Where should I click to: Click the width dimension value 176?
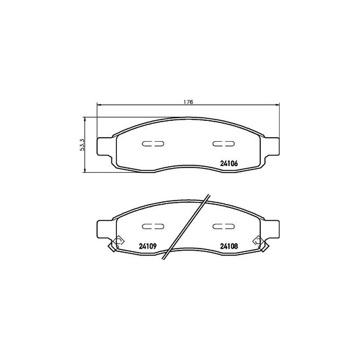coord(188,102)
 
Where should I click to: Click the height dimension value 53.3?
coord(82,145)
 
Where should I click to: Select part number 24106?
coord(229,163)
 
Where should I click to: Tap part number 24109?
coord(148,246)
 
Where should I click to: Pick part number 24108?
coord(229,246)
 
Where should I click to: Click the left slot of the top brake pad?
coord(153,144)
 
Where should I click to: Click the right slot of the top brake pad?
coord(224,144)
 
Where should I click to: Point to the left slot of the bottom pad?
coord(153,226)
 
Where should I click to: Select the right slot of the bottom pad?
coord(224,226)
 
